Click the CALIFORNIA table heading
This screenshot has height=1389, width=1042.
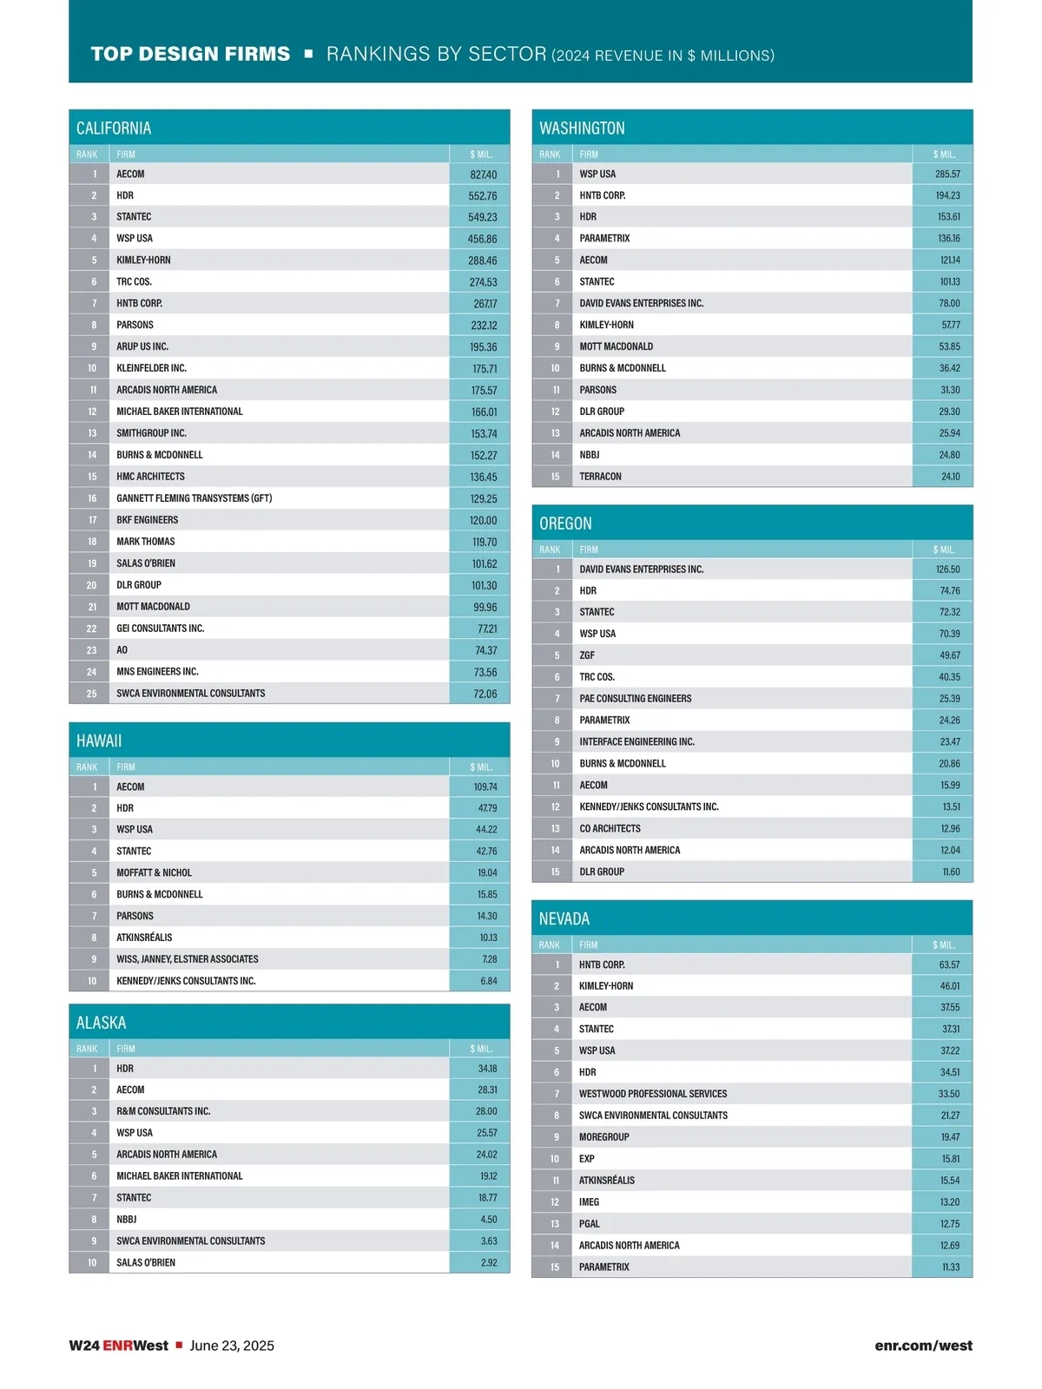pyautogui.click(x=114, y=128)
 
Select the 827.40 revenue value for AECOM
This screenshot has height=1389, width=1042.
pyautogui.click(x=483, y=174)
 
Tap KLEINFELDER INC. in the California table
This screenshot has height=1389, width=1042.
pyautogui.click(x=152, y=368)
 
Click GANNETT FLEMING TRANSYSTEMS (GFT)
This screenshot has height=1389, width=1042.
pyautogui.click(x=195, y=498)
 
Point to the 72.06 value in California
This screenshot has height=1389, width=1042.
pyautogui.click(x=485, y=694)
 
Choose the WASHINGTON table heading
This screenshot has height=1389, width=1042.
pyautogui.click(x=582, y=128)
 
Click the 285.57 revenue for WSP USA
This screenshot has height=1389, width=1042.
pyautogui.click(x=947, y=174)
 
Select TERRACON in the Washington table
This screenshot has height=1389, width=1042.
pyautogui.click(x=601, y=477)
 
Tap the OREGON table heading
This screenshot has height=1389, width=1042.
pyautogui.click(x=565, y=523)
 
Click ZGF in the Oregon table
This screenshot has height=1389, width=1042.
pyautogui.click(x=588, y=655)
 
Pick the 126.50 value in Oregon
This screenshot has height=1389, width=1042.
pyautogui.click(x=947, y=569)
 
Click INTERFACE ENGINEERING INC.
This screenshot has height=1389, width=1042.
pyautogui.click(x=637, y=742)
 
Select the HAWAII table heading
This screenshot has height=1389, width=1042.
pyautogui.click(x=99, y=741)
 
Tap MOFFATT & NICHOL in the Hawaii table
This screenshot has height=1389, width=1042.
pyautogui.click(x=155, y=872)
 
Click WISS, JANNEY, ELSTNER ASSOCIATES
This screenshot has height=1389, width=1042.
pyautogui.click(x=188, y=959)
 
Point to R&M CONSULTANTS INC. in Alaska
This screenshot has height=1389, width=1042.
pyautogui.click(x=163, y=1111)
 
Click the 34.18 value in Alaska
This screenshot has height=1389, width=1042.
pyautogui.click(x=487, y=1069)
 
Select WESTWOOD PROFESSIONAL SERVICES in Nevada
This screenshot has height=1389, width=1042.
pyautogui.click(x=653, y=1094)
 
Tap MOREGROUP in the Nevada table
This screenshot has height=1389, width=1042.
pyautogui.click(x=604, y=1137)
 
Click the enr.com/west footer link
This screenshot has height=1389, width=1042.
pyautogui.click(x=923, y=1346)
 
